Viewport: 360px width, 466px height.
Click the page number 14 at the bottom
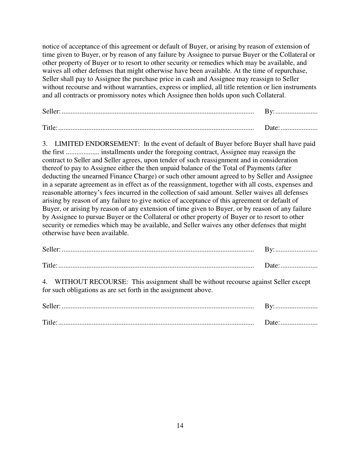180,426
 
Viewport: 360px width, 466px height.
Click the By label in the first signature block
269,111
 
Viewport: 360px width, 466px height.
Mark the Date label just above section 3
272,128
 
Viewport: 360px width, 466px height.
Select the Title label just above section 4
50,266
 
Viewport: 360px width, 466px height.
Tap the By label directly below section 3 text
269,249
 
